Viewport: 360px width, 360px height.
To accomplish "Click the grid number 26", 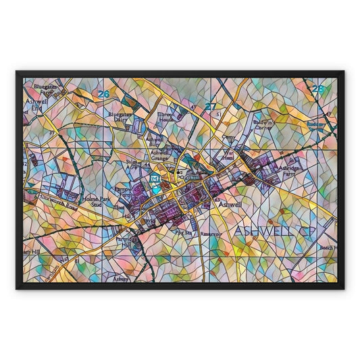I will coord(103,94).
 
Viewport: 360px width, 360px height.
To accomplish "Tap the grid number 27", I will coord(211,106).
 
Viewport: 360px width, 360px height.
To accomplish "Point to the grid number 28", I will coord(318,88).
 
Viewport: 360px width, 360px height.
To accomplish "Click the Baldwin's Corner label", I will coord(263,124).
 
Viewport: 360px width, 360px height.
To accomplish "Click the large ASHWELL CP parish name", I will coord(275,232).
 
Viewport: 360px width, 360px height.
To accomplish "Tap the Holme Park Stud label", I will coord(95,201).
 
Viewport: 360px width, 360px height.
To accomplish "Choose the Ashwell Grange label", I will coord(159,155).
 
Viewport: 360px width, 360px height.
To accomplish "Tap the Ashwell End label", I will coord(34,105).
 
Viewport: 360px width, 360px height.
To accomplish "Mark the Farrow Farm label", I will coord(122,193).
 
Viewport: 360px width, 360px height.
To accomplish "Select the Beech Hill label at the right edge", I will coord(327,248).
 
